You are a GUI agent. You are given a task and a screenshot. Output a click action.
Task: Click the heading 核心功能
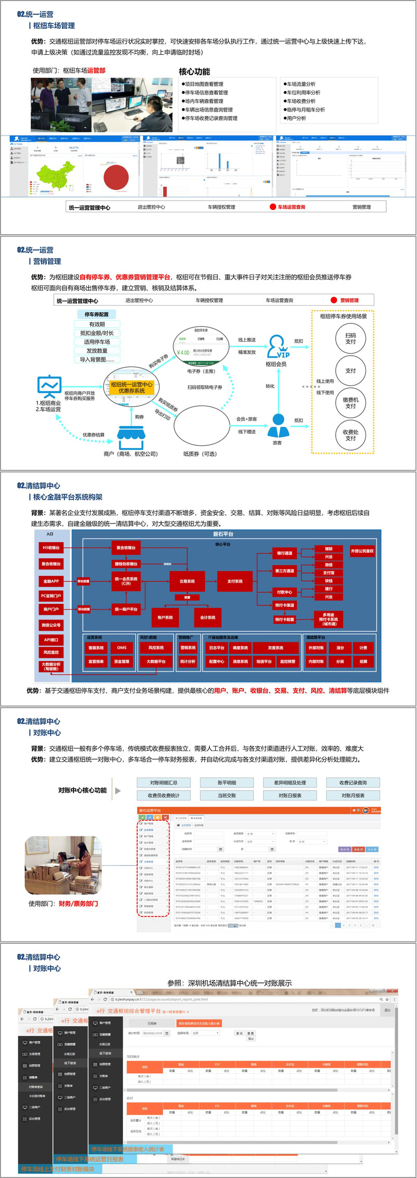[x=194, y=71]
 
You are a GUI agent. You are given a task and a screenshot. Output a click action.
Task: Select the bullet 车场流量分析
[x=301, y=84]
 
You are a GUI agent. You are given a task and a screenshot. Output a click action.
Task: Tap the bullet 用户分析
[x=296, y=118]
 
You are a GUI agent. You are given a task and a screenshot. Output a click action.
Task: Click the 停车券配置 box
[x=96, y=314]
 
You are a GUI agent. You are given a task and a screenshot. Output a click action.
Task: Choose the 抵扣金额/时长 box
[x=97, y=333]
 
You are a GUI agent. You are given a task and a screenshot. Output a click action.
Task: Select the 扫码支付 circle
[x=350, y=339]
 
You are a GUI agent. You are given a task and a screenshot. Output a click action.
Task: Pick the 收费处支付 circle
[x=350, y=435]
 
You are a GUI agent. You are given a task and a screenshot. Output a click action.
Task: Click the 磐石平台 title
[x=223, y=534]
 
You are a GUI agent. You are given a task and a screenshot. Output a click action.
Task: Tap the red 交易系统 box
[x=187, y=581]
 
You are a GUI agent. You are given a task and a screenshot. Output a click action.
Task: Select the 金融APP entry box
[x=51, y=581]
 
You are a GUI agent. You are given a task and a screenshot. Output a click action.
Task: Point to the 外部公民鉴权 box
[x=362, y=551]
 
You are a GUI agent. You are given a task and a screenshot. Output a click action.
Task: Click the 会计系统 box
[x=208, y=617]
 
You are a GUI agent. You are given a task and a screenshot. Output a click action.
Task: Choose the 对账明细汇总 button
[x=164, y=782]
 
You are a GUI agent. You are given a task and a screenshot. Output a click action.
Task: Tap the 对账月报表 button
[x=353, y=795]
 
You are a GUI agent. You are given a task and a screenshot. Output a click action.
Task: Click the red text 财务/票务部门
[x=78, y=904]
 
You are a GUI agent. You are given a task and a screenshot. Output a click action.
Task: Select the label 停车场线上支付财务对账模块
[x=57, y=1169]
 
